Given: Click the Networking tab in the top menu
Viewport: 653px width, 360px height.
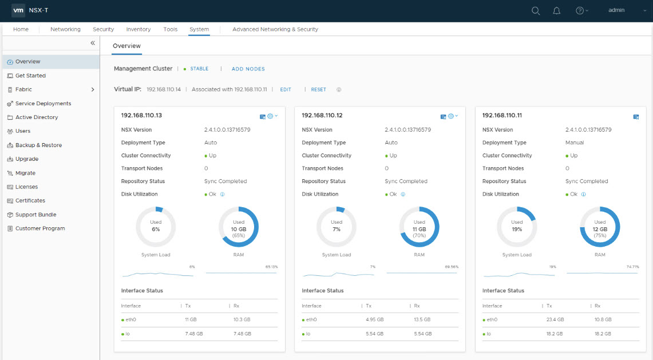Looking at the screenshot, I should coord(65,29).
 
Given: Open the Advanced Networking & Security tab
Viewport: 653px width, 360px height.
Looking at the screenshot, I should coord(275,29).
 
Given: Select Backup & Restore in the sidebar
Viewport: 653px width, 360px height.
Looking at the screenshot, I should coord(38,145).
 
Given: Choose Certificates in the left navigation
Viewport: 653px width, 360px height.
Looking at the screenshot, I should coord(30,201).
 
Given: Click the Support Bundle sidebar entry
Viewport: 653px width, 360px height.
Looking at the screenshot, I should coord(35,215).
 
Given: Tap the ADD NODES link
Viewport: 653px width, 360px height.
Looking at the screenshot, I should coord(248,69).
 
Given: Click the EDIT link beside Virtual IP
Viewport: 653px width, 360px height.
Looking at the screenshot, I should coord(286,90).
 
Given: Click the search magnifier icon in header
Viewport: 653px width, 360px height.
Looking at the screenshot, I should coord(536,10).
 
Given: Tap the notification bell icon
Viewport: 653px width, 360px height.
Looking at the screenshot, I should coord(556,10).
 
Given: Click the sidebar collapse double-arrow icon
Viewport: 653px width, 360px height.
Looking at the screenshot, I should coord(93,43).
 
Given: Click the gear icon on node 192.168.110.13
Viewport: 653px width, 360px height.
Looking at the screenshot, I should coord(270,116).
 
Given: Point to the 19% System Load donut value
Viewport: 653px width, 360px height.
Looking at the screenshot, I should coord(517,229).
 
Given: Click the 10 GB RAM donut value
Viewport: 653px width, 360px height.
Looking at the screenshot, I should coord(239,229).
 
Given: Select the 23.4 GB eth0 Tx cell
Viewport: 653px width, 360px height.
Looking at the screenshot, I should coord(555,319).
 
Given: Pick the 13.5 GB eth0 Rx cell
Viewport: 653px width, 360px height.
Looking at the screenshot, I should coord(422,319).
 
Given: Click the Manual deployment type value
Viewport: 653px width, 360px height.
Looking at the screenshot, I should coord(575,143).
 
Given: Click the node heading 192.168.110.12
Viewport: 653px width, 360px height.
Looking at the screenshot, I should coord(322,116).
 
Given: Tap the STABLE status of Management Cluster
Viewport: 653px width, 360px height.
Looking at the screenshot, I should coord(199,69).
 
